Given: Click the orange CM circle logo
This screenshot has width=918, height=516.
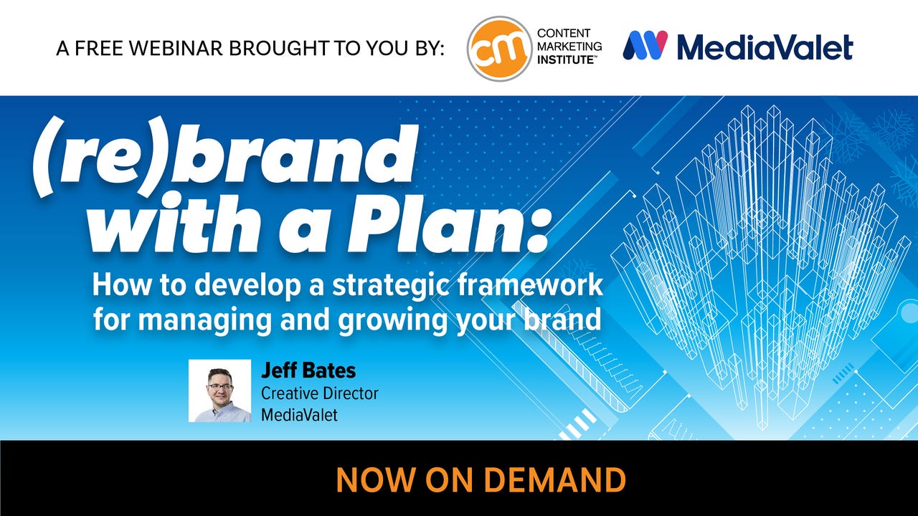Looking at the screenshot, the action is [x=499, y=48].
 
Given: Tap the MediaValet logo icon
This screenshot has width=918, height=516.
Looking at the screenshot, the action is [x=645, y=45].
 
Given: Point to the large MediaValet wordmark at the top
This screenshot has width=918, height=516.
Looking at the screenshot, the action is [x=765, y=46].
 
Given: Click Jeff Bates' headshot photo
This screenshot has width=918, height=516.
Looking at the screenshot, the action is [x=219, y=391].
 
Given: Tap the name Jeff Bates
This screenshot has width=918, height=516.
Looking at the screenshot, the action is [x=308, y=371].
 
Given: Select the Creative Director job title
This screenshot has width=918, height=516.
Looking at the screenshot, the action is [x=320, y=393].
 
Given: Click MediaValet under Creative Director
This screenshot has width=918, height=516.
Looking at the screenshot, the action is [x=300, y=415].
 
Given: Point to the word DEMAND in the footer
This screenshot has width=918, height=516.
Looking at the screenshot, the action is [x=555, y=479].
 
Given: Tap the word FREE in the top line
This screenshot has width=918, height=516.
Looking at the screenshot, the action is [x=99, y=48].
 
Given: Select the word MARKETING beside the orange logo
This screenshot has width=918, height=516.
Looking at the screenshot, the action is [x=569, y=47].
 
